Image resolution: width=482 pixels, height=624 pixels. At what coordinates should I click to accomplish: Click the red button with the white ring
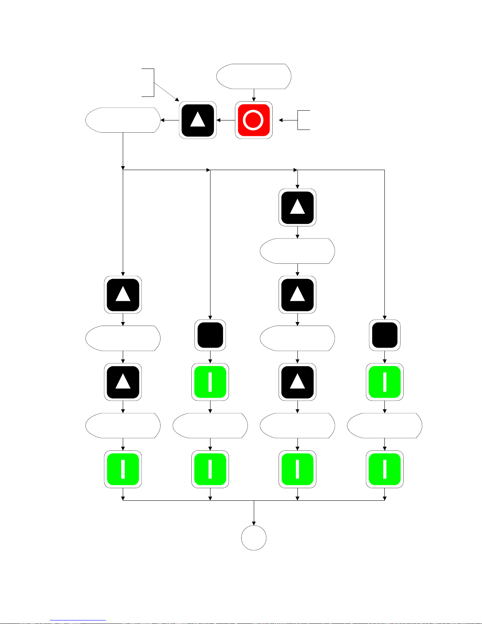[253, 120]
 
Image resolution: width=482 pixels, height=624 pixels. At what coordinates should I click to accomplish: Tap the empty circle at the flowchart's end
[253, 538]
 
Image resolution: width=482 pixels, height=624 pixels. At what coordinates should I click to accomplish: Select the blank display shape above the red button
[254, 76]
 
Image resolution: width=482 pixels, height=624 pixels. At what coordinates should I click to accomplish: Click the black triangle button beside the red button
[198, 120]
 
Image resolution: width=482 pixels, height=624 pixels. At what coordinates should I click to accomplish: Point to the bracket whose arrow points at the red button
[303, 120]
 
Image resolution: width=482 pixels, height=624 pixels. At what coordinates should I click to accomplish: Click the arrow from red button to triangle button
[226, 120]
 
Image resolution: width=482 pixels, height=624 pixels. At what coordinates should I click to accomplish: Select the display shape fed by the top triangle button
[123, 120]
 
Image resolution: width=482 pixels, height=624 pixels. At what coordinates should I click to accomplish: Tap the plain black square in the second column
[210, 335]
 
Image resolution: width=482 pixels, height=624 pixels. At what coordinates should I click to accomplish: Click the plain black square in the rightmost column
[384, 335]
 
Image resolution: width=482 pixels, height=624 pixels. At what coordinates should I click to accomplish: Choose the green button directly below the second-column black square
[210, 382]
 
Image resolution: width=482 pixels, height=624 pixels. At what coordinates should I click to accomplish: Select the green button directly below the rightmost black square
[384, 382]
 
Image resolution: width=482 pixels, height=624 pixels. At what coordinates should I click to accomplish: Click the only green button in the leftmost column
[123, 469]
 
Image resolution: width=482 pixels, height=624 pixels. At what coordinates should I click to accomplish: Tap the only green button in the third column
[297, 469]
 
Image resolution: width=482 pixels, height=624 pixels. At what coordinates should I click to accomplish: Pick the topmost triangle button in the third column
[297, 207]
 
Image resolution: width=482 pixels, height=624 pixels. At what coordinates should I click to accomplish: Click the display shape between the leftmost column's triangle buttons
[123, 338]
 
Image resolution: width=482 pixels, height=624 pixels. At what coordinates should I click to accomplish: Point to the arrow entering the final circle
[254, 513]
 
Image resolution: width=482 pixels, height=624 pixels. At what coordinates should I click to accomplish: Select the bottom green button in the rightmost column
[384, 469]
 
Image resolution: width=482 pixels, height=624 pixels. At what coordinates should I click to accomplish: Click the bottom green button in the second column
[210, 469]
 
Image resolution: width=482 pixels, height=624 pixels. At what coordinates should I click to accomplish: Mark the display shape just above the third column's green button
[297, 426]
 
